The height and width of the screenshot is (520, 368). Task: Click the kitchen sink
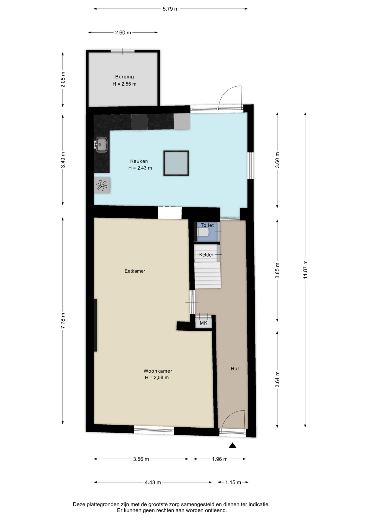click(x=101, y=145)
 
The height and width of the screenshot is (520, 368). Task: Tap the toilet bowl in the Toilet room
click(x=203, y=232)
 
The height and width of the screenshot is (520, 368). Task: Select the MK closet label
click(x=204, y=323)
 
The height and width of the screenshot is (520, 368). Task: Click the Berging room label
click(x=124, y=77)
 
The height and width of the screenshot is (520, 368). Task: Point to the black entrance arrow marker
click(x=233, y=446)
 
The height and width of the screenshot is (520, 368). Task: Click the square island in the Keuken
click(x=176, y=163)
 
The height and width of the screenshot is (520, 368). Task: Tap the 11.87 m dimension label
click(x=305, y=269)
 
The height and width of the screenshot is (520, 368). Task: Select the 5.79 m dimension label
click(x=170, y=9)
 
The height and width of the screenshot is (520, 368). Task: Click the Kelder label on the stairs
click(x=206, y=255)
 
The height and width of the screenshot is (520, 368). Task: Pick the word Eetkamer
click(x=135, y=271)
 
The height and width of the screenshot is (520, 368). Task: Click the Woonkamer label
click(x=158, y=371)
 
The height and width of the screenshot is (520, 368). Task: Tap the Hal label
click(x=235, y=369)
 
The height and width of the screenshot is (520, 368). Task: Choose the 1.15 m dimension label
click(x=233, y=482)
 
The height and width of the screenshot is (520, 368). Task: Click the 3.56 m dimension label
click(x=141, y=459)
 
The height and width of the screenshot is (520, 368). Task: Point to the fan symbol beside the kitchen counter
click(x=102, y=185)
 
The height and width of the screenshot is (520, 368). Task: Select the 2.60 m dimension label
click(x=123, y=33)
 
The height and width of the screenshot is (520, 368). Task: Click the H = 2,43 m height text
click(x=140, y=168)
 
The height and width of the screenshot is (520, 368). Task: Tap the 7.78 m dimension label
click(x=63, y=321)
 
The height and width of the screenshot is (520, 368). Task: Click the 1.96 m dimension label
click(x=220, y=459)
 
